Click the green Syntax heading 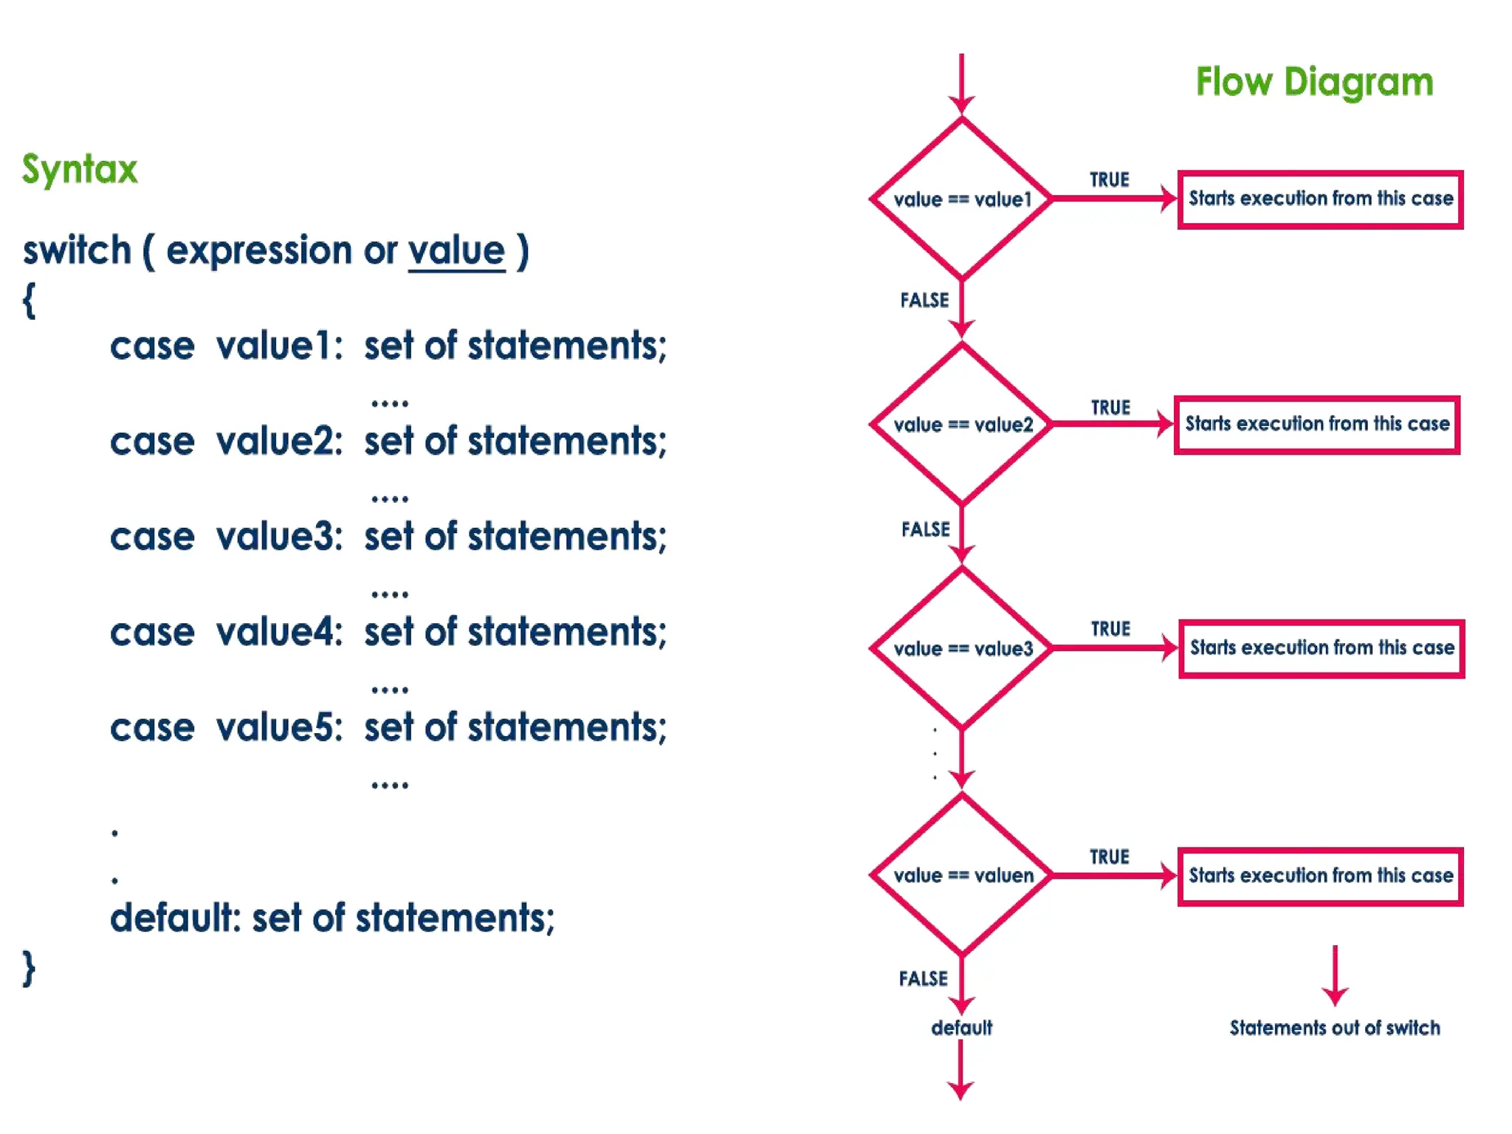80,170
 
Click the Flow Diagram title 1314,83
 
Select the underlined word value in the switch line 456,251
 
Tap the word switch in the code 77,251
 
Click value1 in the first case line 278,346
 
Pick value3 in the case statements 278,537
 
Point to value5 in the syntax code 278,728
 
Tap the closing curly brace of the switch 29,969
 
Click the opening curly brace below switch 29,301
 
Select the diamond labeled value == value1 961,199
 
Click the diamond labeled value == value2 961,425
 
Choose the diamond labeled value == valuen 961,876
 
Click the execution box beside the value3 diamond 1322,648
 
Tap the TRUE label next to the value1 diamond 1109,180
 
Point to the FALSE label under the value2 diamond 925,529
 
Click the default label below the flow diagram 961,1028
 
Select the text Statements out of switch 1334,1028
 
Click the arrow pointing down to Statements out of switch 1335,975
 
